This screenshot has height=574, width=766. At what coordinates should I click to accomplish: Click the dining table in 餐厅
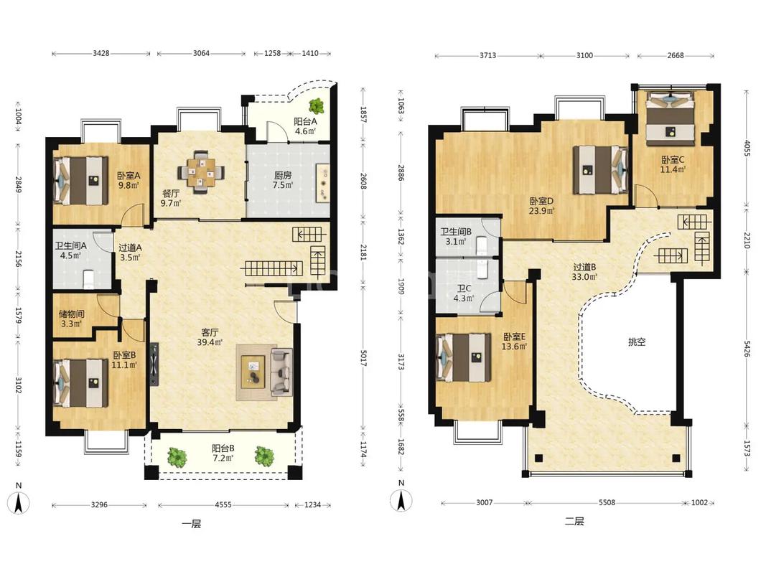201,171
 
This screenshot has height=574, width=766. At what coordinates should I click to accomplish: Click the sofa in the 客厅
281,372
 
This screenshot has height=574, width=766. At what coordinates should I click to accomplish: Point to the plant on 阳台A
316,106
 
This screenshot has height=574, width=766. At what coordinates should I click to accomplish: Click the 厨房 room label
282,175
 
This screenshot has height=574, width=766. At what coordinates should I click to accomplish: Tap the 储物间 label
71,314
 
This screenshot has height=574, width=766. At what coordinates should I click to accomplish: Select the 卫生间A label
70,246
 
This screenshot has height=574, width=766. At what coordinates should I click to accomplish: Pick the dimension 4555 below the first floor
223,504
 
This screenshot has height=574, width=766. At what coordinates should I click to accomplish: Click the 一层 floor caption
191,524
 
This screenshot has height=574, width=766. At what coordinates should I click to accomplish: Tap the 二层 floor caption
574,522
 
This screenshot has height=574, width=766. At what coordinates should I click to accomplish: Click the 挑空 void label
637,342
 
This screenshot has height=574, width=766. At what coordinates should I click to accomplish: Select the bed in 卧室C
671,118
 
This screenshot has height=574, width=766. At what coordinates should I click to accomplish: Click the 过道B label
584,268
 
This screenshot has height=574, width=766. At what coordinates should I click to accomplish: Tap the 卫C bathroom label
464,288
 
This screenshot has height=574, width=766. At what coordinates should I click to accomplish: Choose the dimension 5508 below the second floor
607,502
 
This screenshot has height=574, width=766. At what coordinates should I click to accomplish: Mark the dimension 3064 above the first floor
201,53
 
